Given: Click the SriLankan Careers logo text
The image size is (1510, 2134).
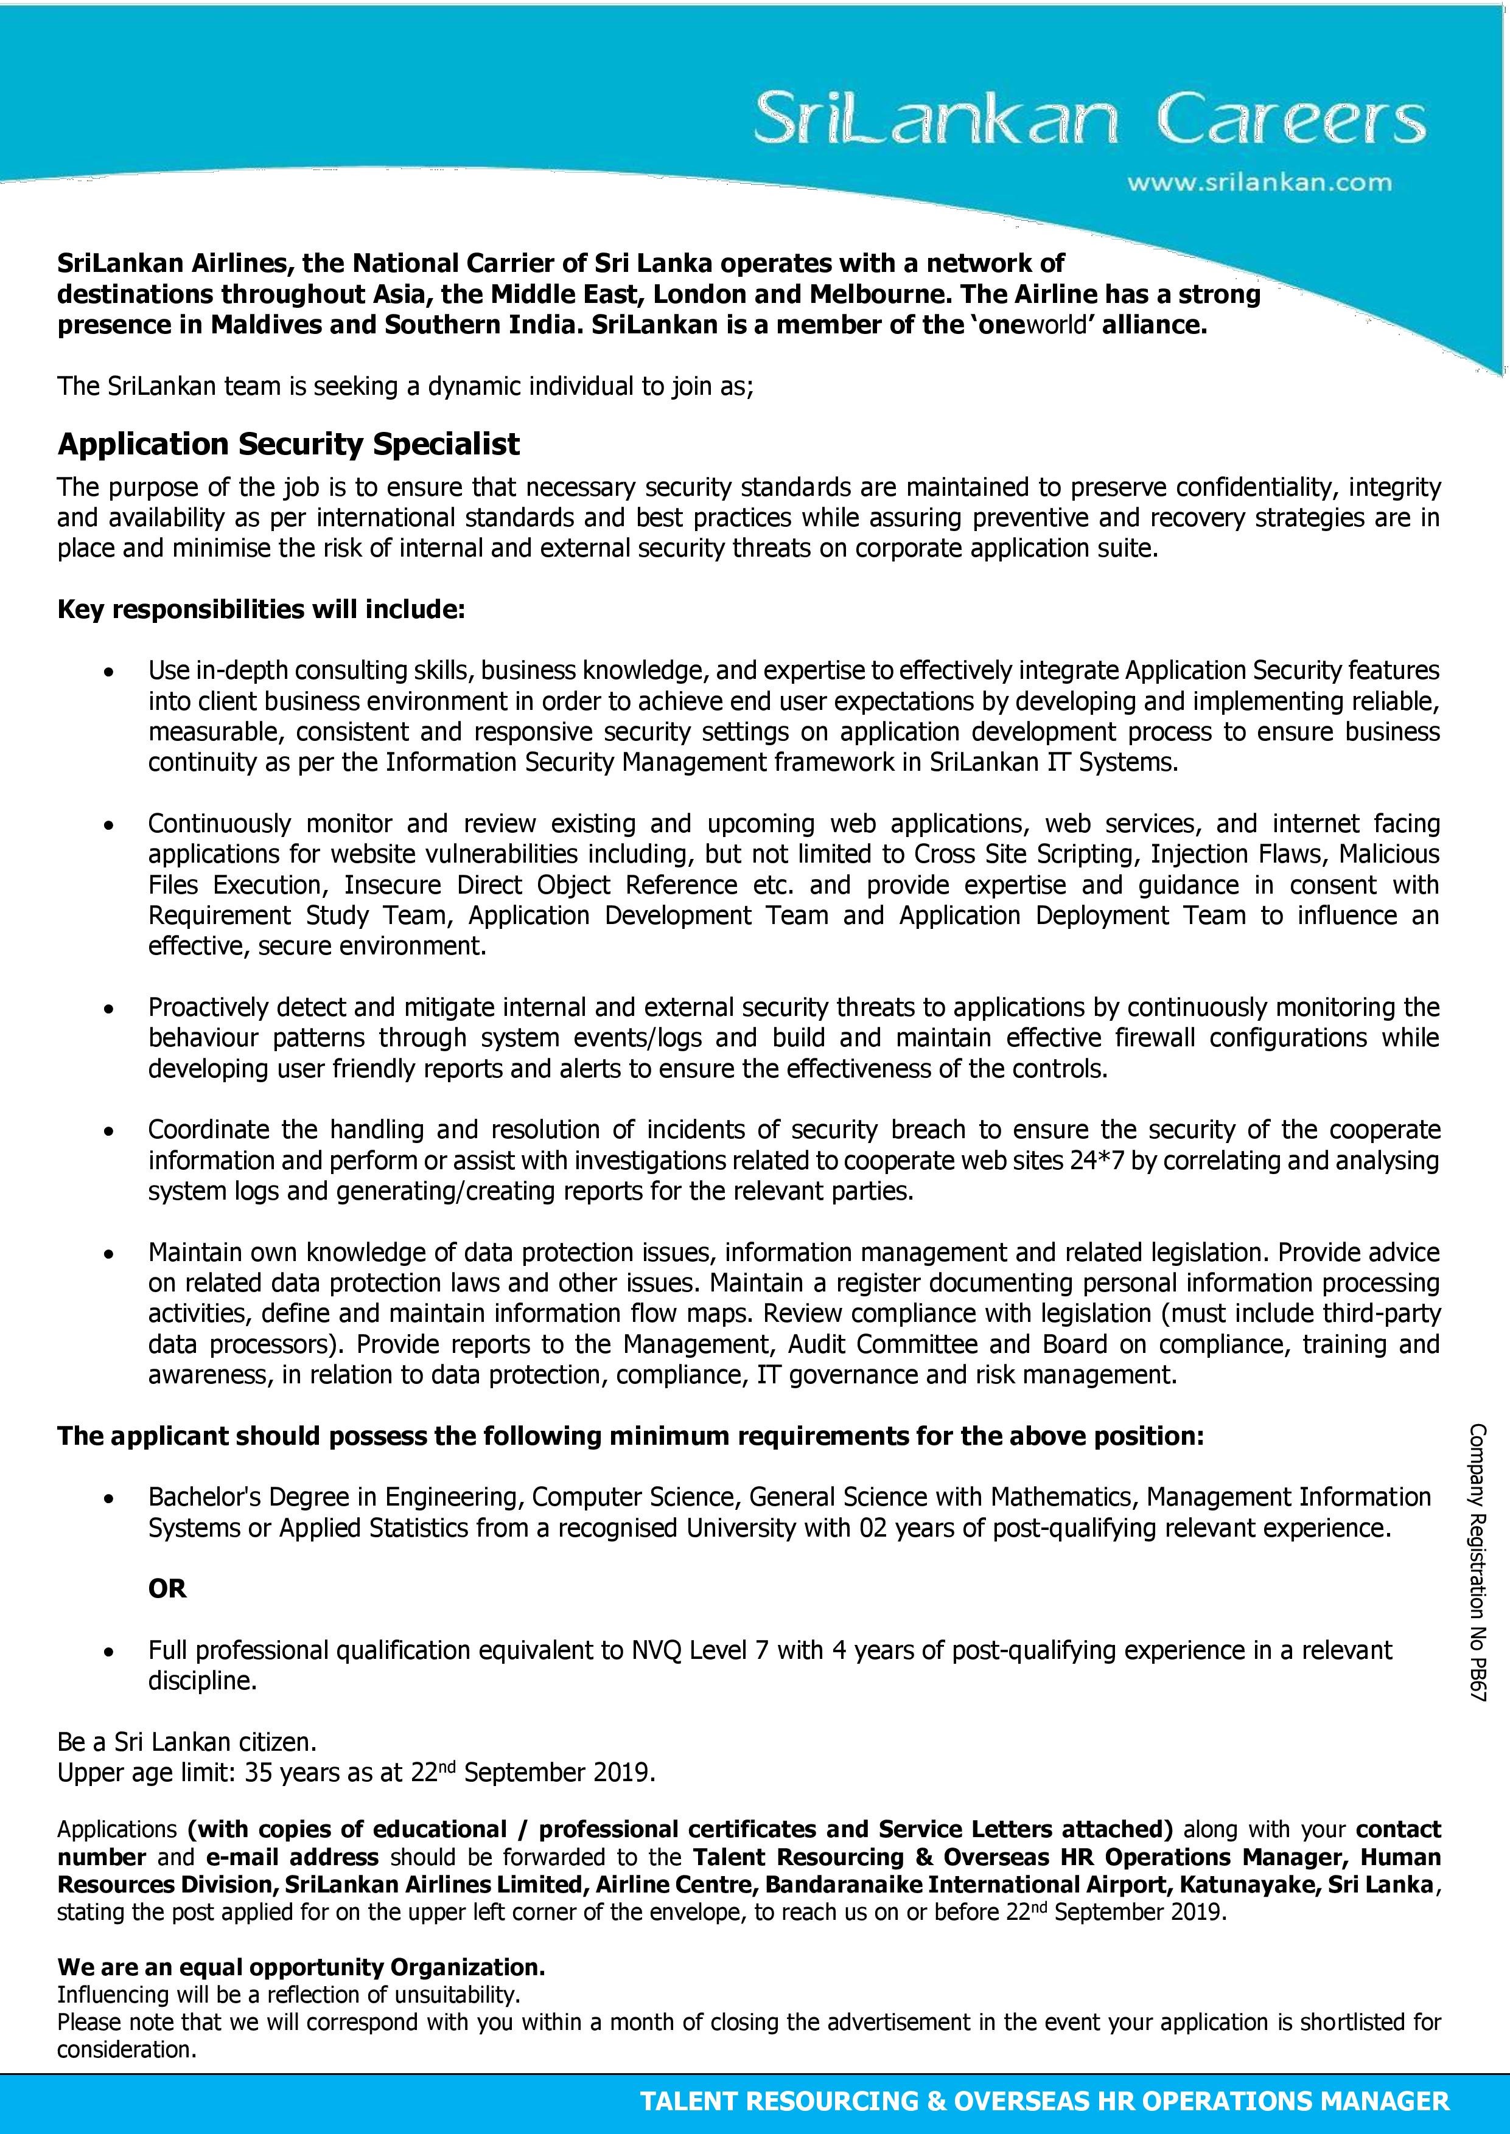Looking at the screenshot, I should click(x=1088, y=122).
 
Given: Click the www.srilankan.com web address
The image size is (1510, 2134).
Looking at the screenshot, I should click(x=1259, y=183).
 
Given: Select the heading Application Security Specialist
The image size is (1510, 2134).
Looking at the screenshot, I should click(x=288, y=444).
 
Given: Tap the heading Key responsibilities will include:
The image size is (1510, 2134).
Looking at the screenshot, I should click(x=261, y=610).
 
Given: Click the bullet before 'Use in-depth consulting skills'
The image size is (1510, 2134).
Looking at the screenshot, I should click(x=110, y=671).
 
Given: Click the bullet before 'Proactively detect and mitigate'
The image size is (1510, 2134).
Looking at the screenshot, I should click(x=110, y=1009).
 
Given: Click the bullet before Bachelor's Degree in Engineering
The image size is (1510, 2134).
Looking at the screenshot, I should click(x=110, y=1498).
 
